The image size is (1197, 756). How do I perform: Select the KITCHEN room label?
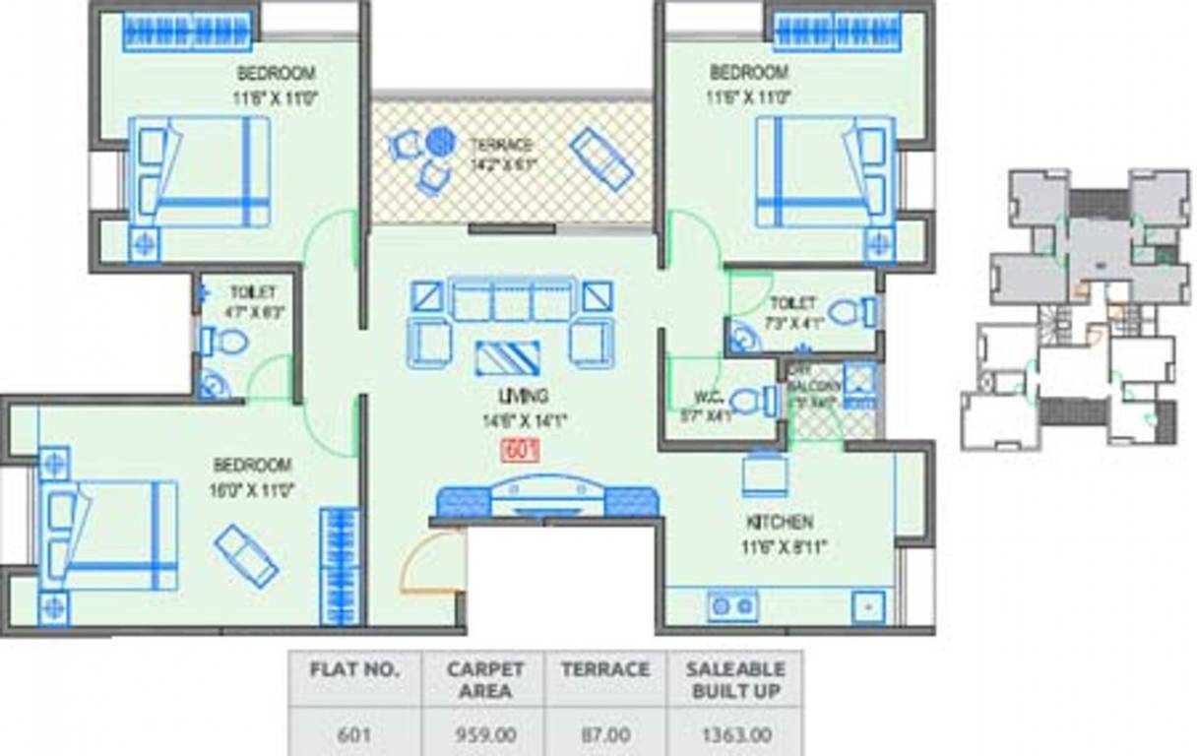pos(779,522)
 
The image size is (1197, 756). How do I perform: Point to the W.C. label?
pos(709,398)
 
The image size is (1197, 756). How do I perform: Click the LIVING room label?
pos(523,396)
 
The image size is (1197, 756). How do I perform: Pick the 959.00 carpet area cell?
pos(484,733)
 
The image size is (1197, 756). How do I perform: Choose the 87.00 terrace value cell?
pos(605,733)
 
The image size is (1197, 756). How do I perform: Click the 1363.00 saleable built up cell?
pos(735,733)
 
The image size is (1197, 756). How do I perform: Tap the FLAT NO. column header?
pos(354,669)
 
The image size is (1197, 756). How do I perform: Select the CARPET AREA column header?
pos(484,679)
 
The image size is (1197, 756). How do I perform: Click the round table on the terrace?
pos(440,143)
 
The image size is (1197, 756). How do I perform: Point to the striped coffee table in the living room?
pos(507,357)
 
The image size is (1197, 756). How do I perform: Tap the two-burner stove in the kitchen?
pos(732,605)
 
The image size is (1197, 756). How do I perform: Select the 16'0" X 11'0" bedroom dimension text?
pos(252,488)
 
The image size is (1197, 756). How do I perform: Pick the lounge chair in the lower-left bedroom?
pos(246,555)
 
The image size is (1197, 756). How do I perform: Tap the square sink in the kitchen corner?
pos(867,605)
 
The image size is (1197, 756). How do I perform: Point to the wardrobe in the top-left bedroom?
pos(187,31)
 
